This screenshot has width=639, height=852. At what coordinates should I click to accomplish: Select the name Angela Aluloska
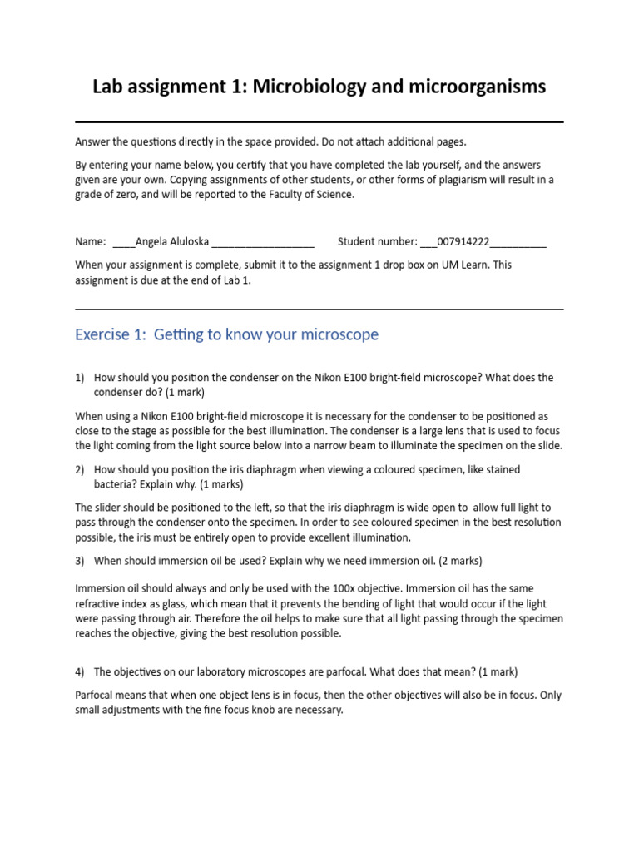tap(172, 242)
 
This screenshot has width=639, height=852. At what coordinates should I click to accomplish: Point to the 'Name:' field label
tap(91, 242)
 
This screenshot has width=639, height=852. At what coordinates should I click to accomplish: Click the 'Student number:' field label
tap(377, 242)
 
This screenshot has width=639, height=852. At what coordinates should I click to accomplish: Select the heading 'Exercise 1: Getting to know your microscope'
tap(226, 334)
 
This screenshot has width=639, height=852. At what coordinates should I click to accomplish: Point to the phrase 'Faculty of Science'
tap(314, 195)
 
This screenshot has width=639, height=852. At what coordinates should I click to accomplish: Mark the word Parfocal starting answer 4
tap(96, 696)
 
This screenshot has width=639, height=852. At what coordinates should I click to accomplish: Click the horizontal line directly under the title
tap(319, 122)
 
